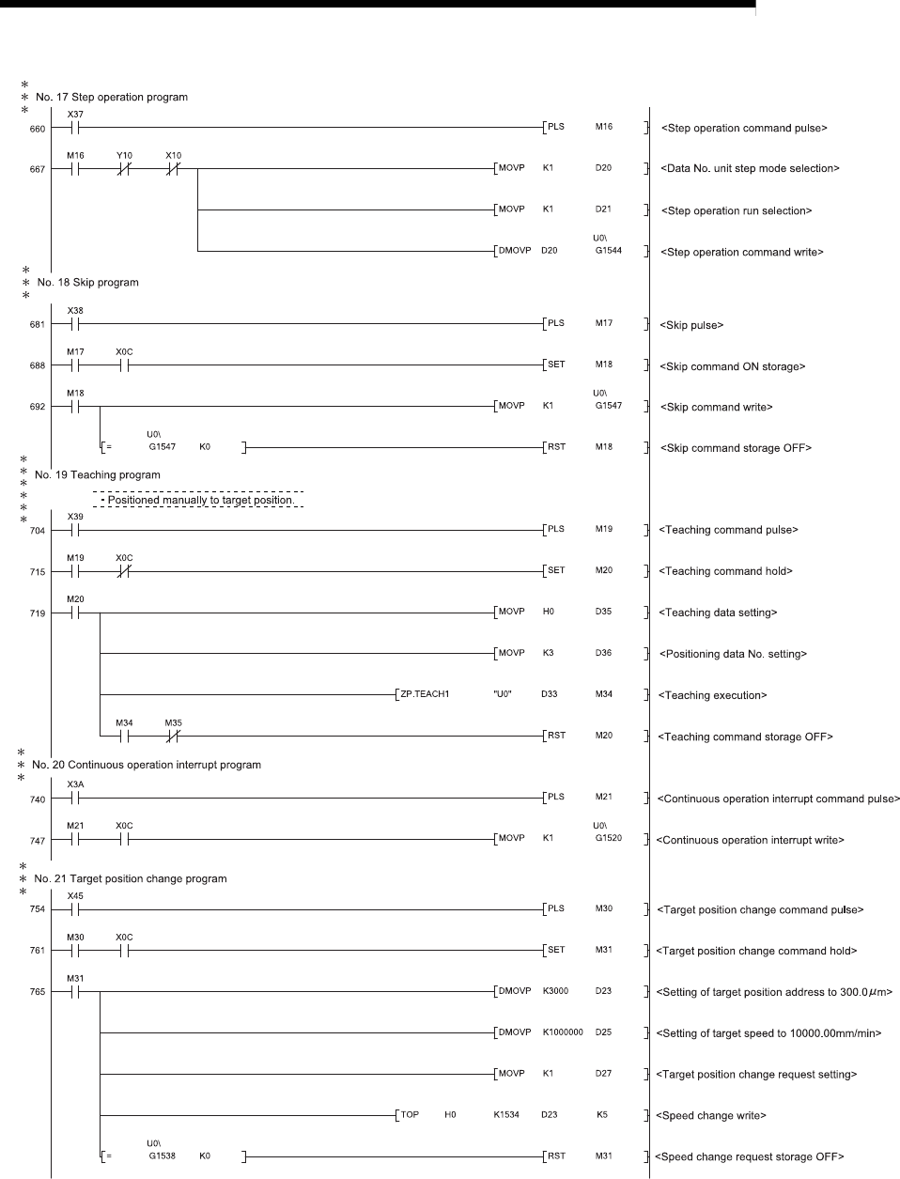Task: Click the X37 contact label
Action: pos(75,114)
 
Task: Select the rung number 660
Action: pos(38,129)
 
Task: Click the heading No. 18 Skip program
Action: pos(87,282)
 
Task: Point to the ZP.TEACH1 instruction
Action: pos(425,694)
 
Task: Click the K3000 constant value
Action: pos(555,991)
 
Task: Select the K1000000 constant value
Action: pos(563,1032)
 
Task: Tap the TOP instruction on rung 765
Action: pos(410,1115)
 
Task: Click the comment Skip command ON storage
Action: pos(733,366)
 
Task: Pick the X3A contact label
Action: pos(75,784)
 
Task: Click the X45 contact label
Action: pos(75,895)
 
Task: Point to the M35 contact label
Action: pos(173,722)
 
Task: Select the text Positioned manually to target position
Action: pos(201,501)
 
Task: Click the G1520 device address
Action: pos(608,838)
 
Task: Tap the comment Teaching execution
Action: pos(713,695)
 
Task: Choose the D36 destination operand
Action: pos(603,653)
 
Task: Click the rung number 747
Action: pos(38,841)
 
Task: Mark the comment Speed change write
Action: pos(713,1116)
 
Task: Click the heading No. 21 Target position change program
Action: pos(131,879)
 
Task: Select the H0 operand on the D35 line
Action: pos(549,612)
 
